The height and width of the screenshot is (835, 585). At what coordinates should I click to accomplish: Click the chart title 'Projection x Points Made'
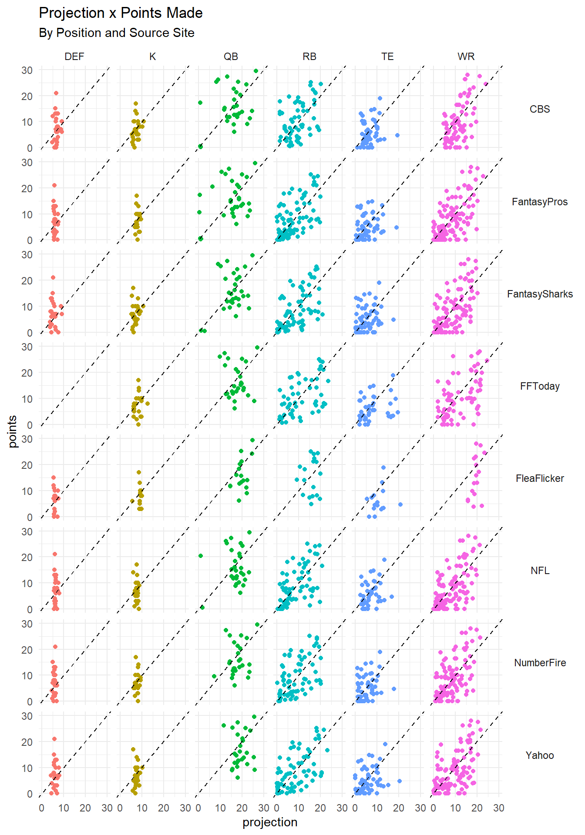click(121, 13)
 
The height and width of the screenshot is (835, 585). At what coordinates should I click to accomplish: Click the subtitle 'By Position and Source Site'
click(117, 33)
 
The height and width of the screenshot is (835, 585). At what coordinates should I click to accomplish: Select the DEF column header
click(74, 57)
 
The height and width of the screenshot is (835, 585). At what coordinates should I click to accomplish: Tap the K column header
click(152, 57)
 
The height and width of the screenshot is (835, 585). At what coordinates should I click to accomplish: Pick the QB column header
click(231, 57)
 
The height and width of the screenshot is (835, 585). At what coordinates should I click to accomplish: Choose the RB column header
click(309, 57)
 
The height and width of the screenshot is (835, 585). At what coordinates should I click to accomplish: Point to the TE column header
click(387, 57)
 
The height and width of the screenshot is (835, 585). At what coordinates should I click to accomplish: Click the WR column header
click(466, 57)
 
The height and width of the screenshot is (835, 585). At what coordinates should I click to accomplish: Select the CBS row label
click(540, 109)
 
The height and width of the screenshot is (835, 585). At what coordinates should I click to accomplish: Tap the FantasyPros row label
click(540, 202)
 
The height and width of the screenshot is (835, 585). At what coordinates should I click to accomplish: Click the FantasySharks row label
click(540, 294)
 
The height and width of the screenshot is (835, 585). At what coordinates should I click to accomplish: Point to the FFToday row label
click(540, 386)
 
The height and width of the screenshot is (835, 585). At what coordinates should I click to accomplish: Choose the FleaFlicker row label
click(540, 478)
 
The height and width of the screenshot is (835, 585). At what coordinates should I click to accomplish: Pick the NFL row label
click(540, 571)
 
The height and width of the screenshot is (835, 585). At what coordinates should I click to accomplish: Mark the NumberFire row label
click(540, 663)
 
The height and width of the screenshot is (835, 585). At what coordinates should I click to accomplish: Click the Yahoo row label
click(540, 755)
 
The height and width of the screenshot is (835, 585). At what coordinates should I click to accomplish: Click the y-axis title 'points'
click(13, 431)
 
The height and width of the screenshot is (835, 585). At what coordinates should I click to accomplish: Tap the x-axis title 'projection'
click(270, 822)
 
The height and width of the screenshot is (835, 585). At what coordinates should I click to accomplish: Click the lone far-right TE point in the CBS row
click(397, 135)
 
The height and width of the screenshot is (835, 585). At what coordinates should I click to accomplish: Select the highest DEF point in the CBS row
click(56, 93)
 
